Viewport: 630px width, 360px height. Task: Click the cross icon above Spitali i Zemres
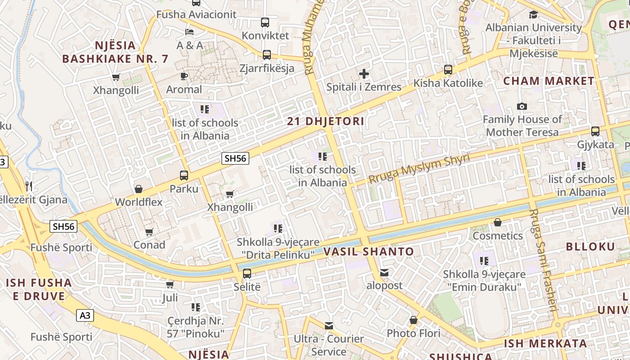pyautogui.click(x=364, y=74)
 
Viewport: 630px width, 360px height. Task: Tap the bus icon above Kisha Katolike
pyautogui.click(x=448, y=70)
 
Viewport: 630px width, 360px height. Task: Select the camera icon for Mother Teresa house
pyautogui.click(x=522, y=106)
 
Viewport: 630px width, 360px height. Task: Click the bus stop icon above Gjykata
pyautogui.click(x=595, y=131)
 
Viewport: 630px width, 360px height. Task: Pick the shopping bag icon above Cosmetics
pyautogui.click(x=498, y=222)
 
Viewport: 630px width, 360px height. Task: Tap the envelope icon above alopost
pyautogui.click(x=384, y=272)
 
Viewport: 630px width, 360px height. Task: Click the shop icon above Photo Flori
pyautogui.click(x=414, y=320)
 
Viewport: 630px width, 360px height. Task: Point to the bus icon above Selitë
pyautogui.click(x=247, y=273)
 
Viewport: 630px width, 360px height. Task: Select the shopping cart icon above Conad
pyautogui.click(x=149, y=232)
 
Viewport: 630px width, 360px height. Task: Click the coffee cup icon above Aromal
pyautogui.click(x=184, y=76)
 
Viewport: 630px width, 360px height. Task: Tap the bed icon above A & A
pyautogui.click(x=189, y=32)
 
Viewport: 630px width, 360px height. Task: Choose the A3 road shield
pyautogui.click(x=85, y=315)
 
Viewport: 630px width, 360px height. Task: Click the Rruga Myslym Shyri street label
pyautogui.click(x=418, y=167)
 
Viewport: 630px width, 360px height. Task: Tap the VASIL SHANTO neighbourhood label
pyautogui.click(x=369, y=252)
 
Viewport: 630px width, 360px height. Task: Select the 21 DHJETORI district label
pyautogui.click(x=326, y=121)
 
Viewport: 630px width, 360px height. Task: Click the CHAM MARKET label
pyautogui.click(x=549, y=81)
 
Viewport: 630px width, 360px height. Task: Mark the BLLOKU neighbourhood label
pyautogui.click(x=590, y=246)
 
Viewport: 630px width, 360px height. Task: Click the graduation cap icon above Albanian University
pyautogui.click(x=533, y=15)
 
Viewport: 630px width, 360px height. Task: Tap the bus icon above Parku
pyautogui.click(x=184, y=175)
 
